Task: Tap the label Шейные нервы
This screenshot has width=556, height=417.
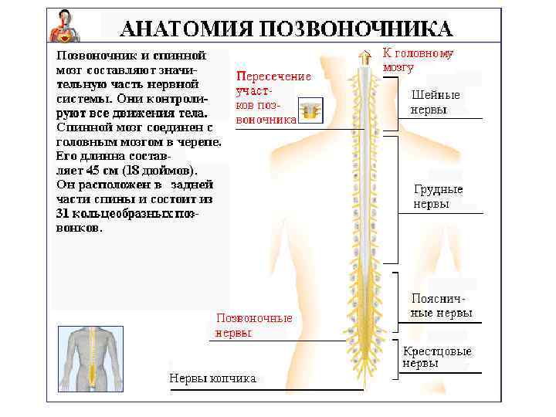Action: click(436, 102)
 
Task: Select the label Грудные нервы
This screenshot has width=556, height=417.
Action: click(438, 197)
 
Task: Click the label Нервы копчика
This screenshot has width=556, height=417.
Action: click(212, 378)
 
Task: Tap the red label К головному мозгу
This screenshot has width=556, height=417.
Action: click(418, 59)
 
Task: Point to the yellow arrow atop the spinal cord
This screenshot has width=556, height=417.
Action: click(364, 56)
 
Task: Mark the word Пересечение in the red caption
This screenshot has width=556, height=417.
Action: click(273, 76)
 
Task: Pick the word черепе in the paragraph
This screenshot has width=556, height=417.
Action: click(203, 142)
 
